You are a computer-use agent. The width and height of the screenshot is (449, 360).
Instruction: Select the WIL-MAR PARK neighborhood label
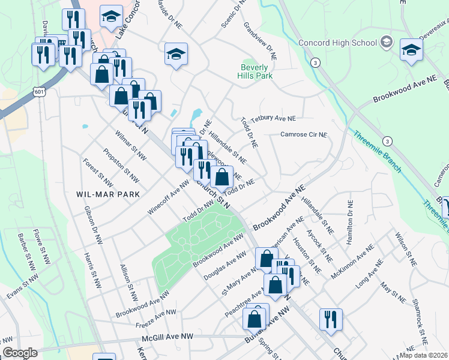108,194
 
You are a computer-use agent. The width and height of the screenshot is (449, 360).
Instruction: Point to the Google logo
20,353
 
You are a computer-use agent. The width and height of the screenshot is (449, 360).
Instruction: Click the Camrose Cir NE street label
304,134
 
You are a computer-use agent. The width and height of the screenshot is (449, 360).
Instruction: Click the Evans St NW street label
23,292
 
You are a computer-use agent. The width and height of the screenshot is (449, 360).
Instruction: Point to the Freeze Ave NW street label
156,317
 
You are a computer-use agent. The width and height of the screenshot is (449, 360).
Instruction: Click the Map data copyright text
423,355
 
